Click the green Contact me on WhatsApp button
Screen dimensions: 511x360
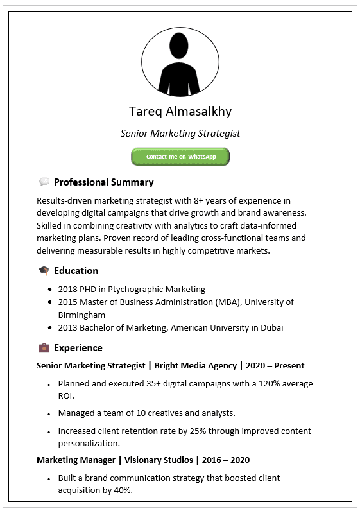pyautogui.click(x=180, y=157)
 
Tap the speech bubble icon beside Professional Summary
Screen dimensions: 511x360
pyautogui.click(x=44, y=182)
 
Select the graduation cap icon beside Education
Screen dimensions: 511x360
pyautogui.click(x=44, y=271)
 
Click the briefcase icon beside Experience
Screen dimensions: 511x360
pyautogui.click(x=44, y=348)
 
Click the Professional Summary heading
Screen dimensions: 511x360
pyautogui.click(x=103, y=182)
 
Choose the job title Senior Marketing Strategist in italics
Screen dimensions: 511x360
pyautogui.click(x=180, y=134)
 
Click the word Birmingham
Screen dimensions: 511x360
pyautogui.click(x=81, y=315)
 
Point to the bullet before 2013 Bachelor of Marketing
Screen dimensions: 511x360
pyautogui.click(x=49, y=327)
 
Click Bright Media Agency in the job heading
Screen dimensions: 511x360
pyautogui.click(x=194, y=366)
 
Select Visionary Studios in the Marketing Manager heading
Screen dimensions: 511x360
pyautogui.click(x=160, y=460)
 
